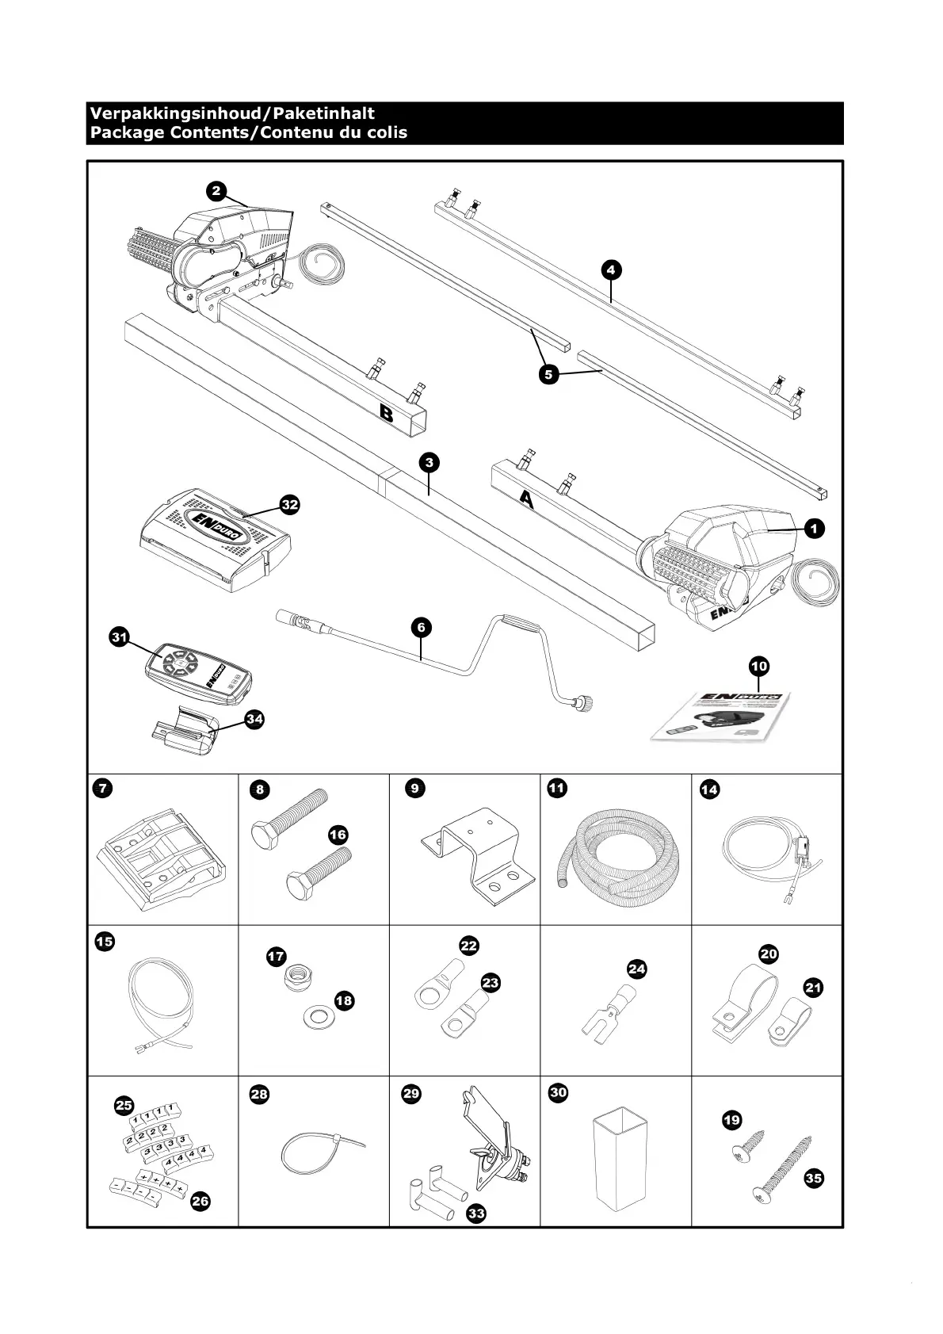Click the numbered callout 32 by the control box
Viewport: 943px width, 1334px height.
tap(290, 504)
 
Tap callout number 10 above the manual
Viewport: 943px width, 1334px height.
tap(758, 666)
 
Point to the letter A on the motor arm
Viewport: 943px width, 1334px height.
tap(525, 497)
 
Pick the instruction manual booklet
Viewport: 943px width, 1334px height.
tap(721, 717)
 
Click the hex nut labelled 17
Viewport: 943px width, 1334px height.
tap(299, 980)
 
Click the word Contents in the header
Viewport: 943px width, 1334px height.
tap(207, 132)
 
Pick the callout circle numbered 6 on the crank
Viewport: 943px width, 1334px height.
tap(421, 628)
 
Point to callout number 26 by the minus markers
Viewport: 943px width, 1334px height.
tap(200, 1202)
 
